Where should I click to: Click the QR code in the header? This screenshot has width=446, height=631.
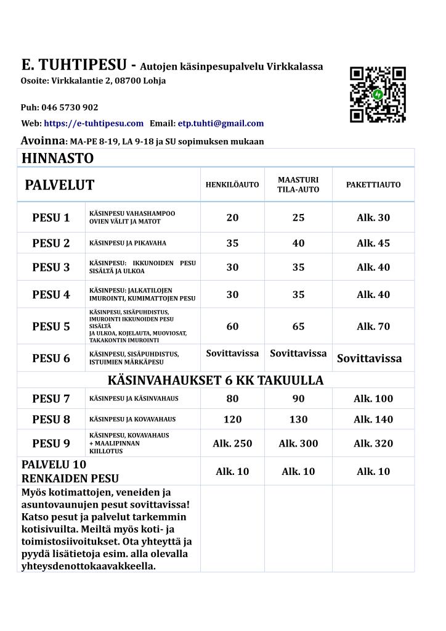(x=378, y=94)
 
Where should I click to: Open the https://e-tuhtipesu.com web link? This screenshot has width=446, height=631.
(x=94, y=123)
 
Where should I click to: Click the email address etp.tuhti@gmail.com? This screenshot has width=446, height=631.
(x=221, y=123)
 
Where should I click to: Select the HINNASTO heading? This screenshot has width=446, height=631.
(x=58, y=159)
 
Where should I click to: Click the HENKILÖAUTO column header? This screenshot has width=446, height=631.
(x=232, y=184)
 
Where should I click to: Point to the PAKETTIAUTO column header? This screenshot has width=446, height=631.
(x=373, y=184)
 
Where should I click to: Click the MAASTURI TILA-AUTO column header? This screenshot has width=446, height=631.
(x=298, y=184)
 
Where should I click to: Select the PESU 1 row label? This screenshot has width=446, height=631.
(x=51, y=218)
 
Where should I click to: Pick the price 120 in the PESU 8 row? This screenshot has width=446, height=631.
(x=232, y=419)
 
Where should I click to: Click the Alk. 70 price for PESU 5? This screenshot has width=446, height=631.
(x=373, y=326)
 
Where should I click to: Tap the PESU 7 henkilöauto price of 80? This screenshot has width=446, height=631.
(x=232, y=398)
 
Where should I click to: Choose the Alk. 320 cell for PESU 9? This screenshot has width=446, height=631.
(x=373, y=443)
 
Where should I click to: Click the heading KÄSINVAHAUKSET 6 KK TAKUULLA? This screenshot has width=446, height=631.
(x=216, y=380)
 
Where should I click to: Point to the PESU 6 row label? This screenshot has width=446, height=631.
(x=51, y=358)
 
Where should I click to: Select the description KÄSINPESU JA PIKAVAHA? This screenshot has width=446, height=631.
(x=128, y=243)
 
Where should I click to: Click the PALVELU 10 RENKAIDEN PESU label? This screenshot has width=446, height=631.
(x=70, y=471)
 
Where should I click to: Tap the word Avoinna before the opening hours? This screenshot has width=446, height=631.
(x=43, y=141)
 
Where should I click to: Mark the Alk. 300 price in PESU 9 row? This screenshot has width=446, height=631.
(x=298, y=443)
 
